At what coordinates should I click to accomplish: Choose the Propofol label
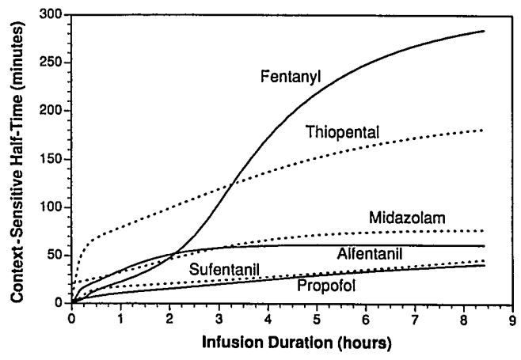click(321, 283)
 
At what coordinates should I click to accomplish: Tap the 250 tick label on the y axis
click(55, 63)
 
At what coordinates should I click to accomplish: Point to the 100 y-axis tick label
click(55, 207)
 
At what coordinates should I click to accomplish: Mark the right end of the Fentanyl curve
click(483, 31)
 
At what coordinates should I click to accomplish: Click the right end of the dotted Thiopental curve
click(482, 130)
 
